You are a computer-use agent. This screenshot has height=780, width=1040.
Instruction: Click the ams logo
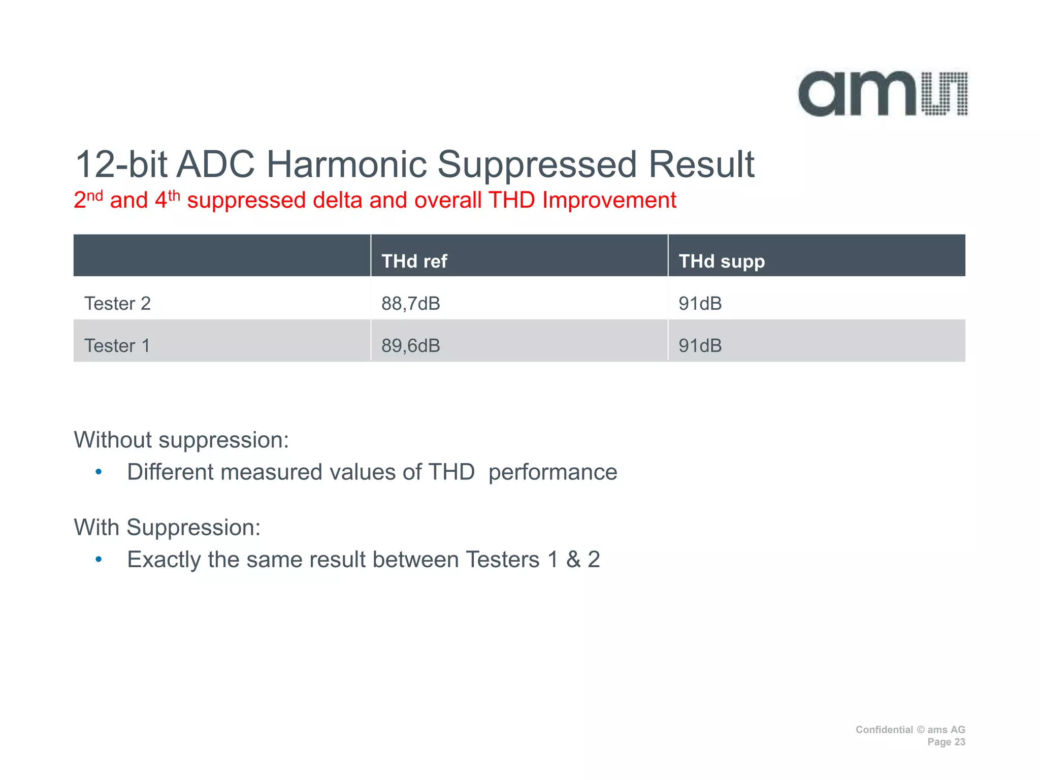pos(883,94)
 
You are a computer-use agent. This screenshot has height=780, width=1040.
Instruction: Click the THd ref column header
pos(414,261)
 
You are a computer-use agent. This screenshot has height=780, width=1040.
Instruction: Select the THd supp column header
pos(722,261)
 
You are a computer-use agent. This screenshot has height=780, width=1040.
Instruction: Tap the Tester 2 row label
pos(117,303)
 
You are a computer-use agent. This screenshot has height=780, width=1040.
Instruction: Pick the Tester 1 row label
pos(117,345)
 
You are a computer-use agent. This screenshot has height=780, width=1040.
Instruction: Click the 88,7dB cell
pos(410,303)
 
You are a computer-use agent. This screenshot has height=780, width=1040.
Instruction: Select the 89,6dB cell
pos(410,345)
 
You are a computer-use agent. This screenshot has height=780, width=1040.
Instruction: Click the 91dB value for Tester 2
pos(700,303)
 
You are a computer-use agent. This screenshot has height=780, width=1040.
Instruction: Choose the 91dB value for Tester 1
pos(700,345)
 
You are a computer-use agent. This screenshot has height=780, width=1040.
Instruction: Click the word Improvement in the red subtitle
pos(609,200)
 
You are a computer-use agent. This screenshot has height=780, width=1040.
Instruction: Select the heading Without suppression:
pos(181,440)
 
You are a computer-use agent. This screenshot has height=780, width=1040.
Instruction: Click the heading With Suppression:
pos(167,527)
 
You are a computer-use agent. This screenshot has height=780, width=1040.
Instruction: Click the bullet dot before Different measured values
pos(99,472)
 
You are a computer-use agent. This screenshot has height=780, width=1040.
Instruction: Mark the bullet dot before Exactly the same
pos(99,560)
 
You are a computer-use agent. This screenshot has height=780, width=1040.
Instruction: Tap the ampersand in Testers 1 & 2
pos(573,560)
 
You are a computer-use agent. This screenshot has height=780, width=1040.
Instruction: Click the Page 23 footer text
pos(946,742)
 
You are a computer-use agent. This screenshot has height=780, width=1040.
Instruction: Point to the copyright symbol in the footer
pos(920,730)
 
